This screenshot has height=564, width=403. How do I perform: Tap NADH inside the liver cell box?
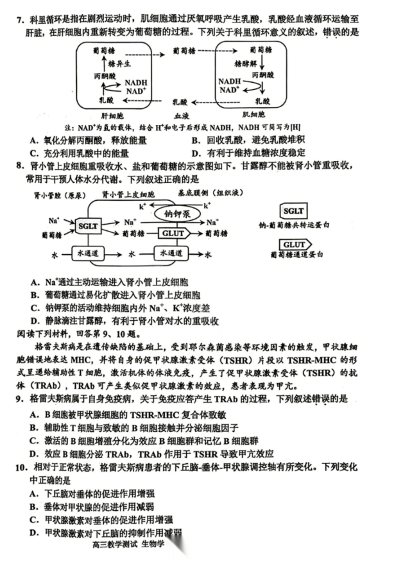135,83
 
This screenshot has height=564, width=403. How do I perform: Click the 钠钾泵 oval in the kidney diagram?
176,214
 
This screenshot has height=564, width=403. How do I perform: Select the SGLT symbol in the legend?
294,211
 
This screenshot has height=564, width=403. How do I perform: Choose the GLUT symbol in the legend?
295,245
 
